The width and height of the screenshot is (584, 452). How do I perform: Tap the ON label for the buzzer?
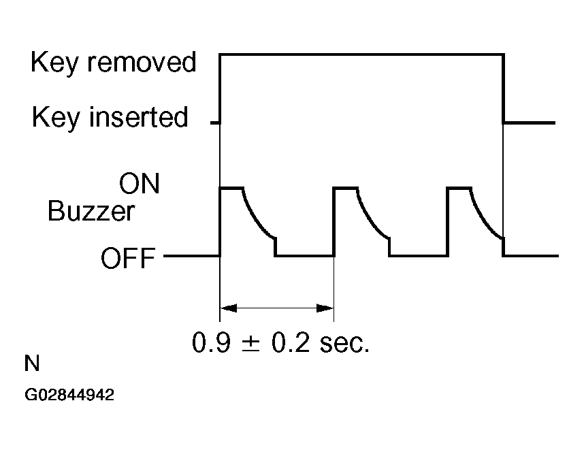(x=139, y=184)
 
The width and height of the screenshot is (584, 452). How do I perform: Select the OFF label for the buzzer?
(x=128, y=259)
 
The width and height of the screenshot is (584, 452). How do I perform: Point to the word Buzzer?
(x=91, y=212)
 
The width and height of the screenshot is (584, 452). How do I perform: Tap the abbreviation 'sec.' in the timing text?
(x=346, y=342)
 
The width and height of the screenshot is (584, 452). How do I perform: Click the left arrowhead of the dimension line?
(x=227, y=308)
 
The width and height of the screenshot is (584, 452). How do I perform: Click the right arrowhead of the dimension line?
(x=326, y=308)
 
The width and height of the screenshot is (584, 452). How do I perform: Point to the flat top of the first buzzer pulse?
(x=231, y=187)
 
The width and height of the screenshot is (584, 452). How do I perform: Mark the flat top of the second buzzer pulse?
(x=346, y=187)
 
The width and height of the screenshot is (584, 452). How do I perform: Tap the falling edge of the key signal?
(x=503, y=88)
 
